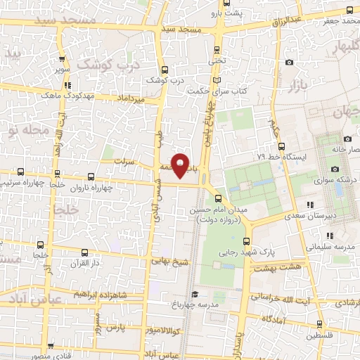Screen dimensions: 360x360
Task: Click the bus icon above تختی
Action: pos(216,49)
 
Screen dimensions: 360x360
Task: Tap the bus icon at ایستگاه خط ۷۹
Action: pos(281,146)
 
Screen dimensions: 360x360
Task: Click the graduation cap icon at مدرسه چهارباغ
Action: pos(195,294)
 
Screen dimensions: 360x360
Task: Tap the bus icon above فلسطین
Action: pos(321,325)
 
